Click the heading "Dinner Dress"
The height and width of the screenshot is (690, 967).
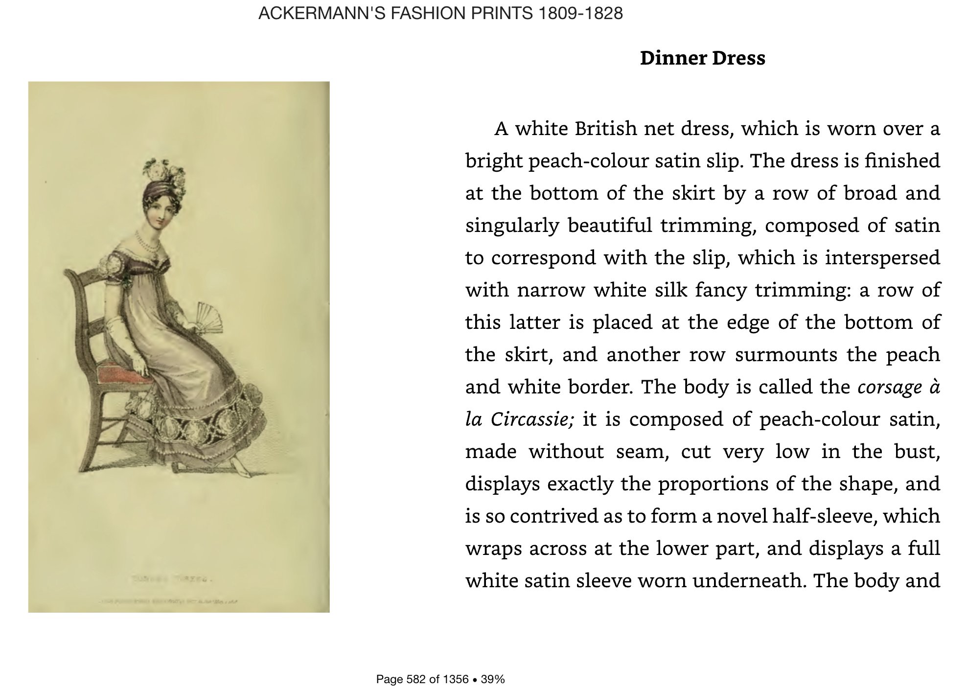tap(702, 58)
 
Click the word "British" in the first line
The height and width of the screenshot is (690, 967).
tap(605, 129)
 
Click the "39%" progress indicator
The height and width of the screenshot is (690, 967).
tap(493, 679)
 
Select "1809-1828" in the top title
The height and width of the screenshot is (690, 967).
tap(580, 13)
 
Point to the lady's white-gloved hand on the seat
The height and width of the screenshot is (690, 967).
tap(141, 367)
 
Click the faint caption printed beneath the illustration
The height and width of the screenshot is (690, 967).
tap(171, 579)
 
